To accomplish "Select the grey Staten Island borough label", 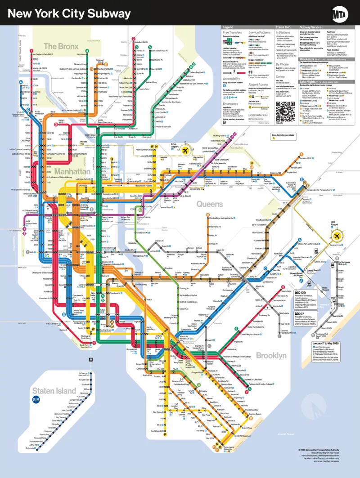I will pyautogui.click(x=54, y=391).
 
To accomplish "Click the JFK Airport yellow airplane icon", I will pyautogui.click(x=336, y=236).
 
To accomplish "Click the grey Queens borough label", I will pyautogui.click(x=210, y=204).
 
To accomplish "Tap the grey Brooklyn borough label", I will pyautogui.click(x=271, y=355).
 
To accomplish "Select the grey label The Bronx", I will pyautogui.click(x=61, y=46).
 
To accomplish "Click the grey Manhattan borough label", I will pyautogui.click(x=72, y=171).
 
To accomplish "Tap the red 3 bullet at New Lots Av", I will pyautogui.click(x=283, y=287).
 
